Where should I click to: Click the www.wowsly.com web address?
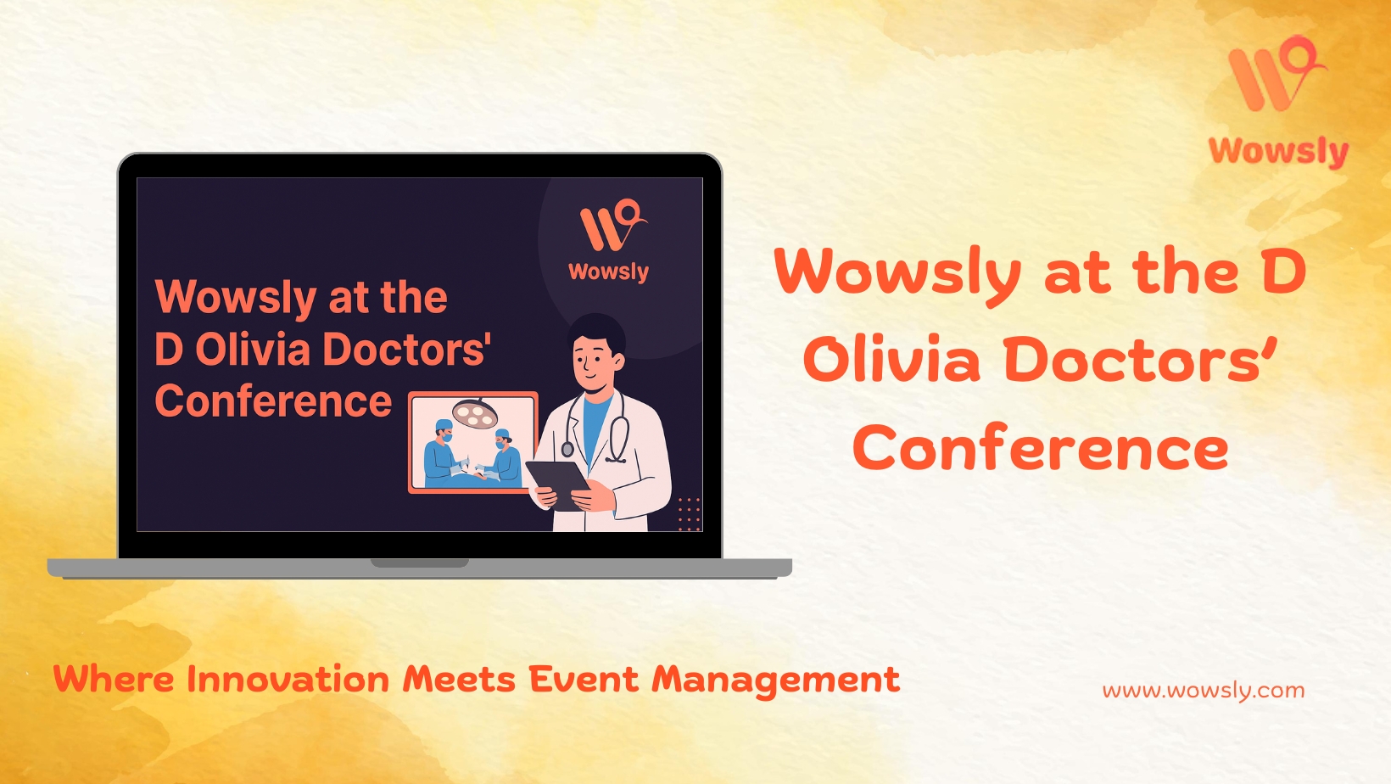point(1204,691)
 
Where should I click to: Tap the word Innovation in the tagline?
point(288,679)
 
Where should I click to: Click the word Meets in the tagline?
point(459,679)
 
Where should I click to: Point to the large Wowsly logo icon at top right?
point(1276,73)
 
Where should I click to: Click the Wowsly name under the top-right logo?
point(1278,152)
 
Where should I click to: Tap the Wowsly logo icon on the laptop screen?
point(613,225)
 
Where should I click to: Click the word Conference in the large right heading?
point(1041,447)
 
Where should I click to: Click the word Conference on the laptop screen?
point(273,400)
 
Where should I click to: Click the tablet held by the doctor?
point(558,484)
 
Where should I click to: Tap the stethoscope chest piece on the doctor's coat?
point(567,449)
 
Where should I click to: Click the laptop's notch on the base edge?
point(420,563)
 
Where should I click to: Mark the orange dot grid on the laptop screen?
point(690,514)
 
